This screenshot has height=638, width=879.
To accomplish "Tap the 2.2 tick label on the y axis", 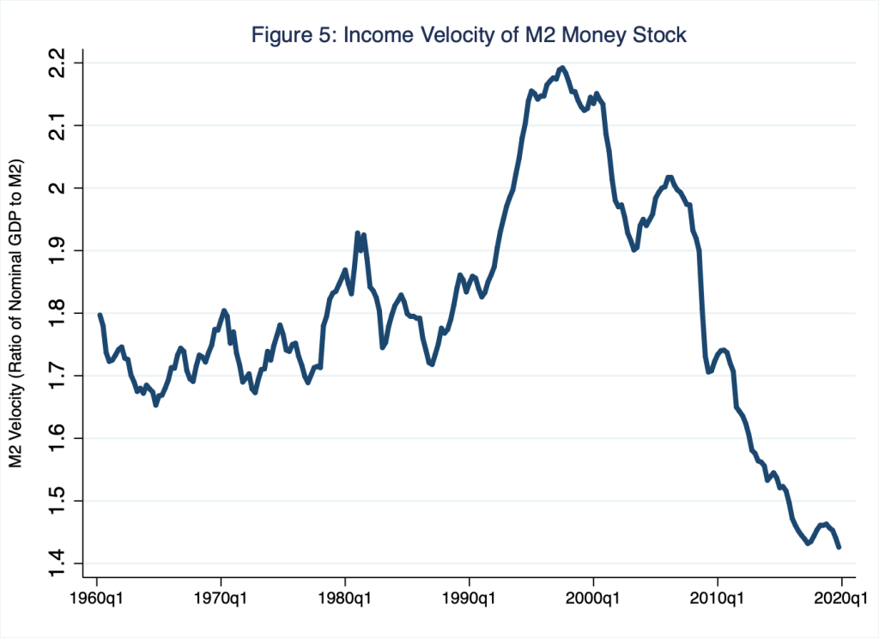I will pos(58,63).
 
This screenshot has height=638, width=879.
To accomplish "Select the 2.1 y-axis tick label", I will pos(58,126).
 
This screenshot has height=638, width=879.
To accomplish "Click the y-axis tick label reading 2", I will pos(58,189).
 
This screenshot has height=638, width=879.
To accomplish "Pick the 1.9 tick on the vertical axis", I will pos(58,251).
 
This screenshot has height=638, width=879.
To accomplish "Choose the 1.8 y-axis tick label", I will pos(58,314).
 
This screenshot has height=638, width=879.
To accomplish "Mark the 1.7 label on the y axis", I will pos(58,376).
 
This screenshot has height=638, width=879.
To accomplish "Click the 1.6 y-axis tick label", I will pos(58,439).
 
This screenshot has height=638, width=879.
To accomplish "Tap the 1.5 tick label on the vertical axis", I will pos(58,502).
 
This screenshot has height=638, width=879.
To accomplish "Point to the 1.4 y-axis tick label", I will pos(58,563).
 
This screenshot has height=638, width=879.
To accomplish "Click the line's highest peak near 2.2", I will pos(562,67).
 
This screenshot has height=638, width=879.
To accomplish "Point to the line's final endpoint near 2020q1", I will pos(839,547).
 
